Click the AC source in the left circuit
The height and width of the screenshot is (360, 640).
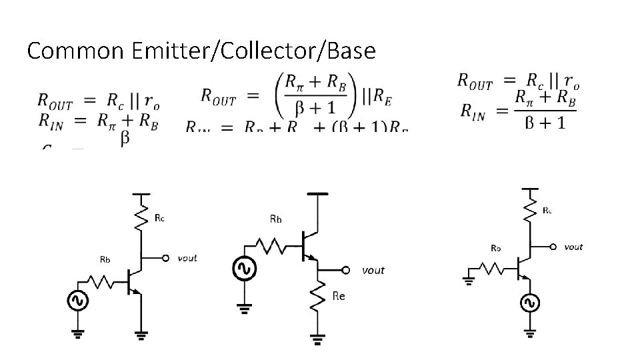pyautogui.click(x=77, y=301)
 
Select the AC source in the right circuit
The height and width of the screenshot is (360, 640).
pyautogui.click(x=531, y=303)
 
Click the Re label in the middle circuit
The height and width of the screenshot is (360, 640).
pyautogui.click(x=338, y=296)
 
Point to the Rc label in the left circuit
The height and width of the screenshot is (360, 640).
pyautogui.click(x=160, y=217)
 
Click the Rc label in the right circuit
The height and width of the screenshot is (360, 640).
pyautogui.click(x=547, y=210)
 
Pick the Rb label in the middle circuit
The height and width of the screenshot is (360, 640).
pyautogui.click(x=275, y=218)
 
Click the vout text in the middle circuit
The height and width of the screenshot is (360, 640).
pyautogui.click(x=373, y=270)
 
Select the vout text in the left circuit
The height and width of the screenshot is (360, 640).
pyautogui.click(x=187, y=258)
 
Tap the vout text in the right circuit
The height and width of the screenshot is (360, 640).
pyautogui.click(x=573, y=247)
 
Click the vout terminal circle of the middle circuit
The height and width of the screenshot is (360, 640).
pyautogui.click(x=345, y=270)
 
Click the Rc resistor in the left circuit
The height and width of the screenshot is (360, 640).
pyautogui.click(x=141, y=217)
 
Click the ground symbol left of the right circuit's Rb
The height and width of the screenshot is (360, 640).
pyautogui.click(x=468, y=280)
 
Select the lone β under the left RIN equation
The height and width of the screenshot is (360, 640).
pyautogui.click(x=125, y=139)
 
